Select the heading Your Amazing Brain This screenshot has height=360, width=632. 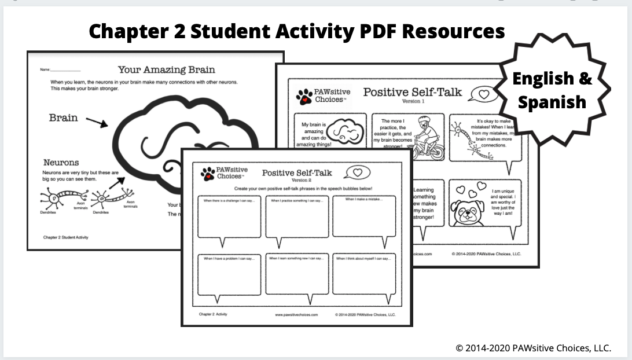click(x=166, y=70)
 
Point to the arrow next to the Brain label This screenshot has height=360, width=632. click(x=95, y=122)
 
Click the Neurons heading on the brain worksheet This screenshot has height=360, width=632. click(x=61, y=163)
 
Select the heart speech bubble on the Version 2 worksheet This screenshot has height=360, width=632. click(x=357, y=172)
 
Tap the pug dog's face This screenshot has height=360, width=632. click(x=472, y=213)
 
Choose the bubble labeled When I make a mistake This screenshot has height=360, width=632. click(x=364, y=216)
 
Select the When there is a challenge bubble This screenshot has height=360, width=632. click(x=229, y=216)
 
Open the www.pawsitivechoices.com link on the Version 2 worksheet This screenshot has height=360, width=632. click(x=296, y=315)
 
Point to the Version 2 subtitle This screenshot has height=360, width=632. click(x=301, y=180)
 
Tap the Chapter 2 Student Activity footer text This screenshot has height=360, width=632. click(x=66, y=237)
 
